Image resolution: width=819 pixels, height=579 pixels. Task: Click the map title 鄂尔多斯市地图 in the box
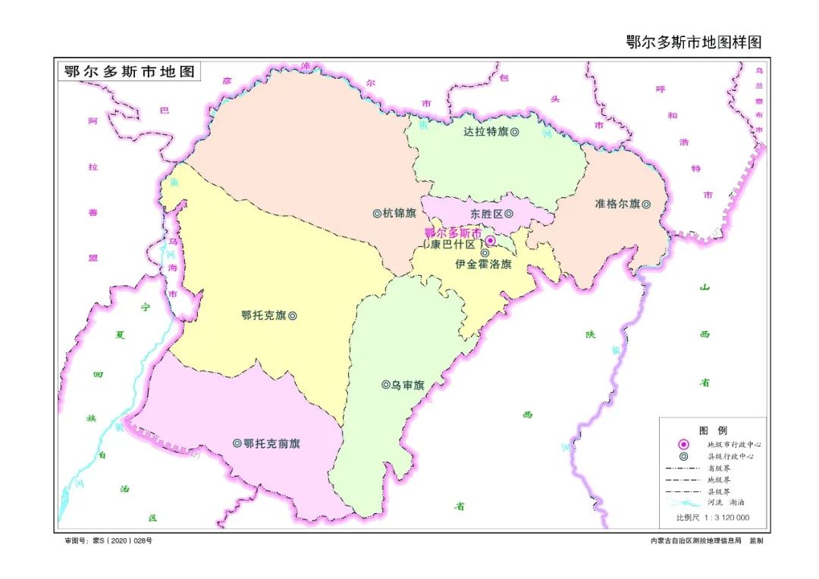point(130,72)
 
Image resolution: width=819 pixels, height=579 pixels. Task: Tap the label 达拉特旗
point(485,131)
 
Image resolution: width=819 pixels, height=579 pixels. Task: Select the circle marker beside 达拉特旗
point(515,131)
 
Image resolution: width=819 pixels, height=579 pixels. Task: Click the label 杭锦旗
point(400,213)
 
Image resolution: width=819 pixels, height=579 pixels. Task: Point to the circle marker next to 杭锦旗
point(377,213)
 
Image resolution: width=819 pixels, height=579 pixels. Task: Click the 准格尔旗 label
point(618,204)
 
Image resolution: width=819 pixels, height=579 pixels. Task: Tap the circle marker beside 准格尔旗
point(647,204)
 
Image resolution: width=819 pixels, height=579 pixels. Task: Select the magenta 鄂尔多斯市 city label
point(453,233)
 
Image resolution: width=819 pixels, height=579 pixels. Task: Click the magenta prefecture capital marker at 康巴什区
point(491,241)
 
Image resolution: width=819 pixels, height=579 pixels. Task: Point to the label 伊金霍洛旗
point(484,264)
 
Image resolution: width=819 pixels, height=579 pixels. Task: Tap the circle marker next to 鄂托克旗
point(293,315)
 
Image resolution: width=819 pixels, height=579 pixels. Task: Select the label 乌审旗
point(408,385)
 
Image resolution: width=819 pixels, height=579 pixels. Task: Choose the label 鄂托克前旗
point(271,443)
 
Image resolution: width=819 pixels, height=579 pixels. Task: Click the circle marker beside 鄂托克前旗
point(237,443)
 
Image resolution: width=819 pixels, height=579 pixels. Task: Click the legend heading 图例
point(712,430)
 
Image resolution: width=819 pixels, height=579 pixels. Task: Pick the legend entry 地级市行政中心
point(733,444)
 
